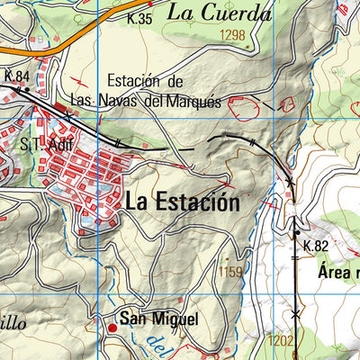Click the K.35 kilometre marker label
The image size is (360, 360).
[139, 18]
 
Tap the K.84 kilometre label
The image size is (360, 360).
[17, 76]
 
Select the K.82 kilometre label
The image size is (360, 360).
[316, 246]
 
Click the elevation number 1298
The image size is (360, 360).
[230, 35]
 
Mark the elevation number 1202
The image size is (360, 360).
[282, 340]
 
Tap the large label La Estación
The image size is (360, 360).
[183, 202]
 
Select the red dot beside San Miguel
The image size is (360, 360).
[112, 328]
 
